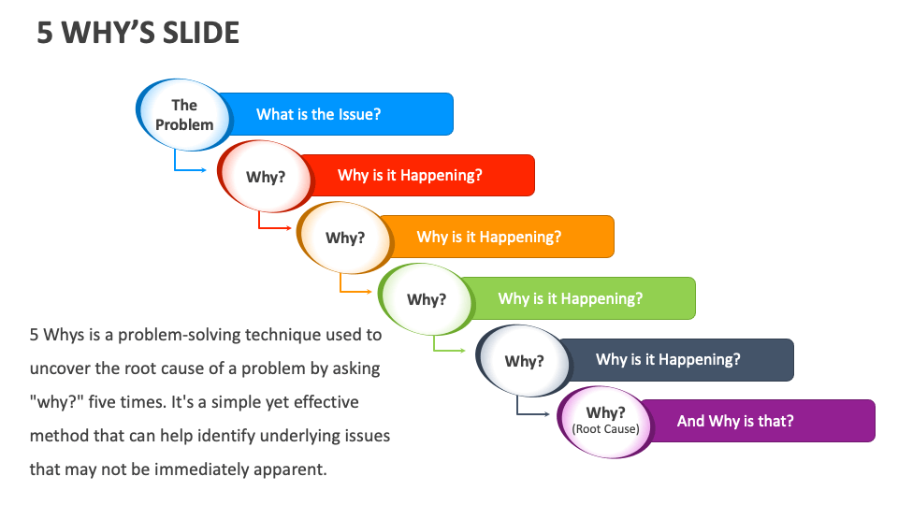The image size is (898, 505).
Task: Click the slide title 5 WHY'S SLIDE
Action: (138, 33)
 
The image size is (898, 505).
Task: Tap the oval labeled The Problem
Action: (184, 115)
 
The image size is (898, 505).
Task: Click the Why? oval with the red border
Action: (265, 177)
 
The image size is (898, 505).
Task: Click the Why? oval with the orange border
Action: (344, 238)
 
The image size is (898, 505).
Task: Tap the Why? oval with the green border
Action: (426, 299)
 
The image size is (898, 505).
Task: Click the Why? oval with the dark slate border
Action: (524, 361)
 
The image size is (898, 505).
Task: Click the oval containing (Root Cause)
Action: (605, 422)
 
